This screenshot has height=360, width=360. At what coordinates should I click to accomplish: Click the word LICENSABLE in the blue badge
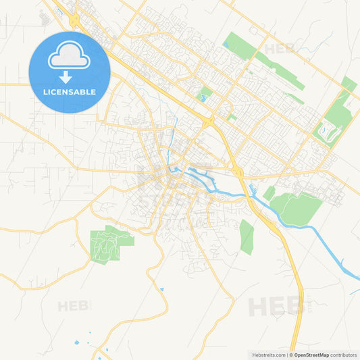pos(70,92)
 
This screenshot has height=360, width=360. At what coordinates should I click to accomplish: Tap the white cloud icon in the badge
pos(70,59)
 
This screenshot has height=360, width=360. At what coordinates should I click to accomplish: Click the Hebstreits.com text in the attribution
pos(267,354)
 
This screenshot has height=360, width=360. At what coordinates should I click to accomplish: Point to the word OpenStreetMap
pos(311,354)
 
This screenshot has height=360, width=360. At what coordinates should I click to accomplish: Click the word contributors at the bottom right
pos(344,354)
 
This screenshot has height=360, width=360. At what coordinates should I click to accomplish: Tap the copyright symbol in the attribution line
pos(291,354)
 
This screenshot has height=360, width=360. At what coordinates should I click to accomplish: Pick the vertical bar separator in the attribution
pos(287,354)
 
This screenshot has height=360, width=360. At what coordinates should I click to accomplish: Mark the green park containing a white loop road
pos(333,122)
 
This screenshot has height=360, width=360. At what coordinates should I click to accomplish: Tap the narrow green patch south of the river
pos(247,236)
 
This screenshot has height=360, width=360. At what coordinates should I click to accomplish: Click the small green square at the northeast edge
pos(349,84)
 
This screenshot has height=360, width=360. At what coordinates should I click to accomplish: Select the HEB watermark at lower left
pos(73,306)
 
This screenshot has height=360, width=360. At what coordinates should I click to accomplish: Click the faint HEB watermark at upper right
pos(279,49)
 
